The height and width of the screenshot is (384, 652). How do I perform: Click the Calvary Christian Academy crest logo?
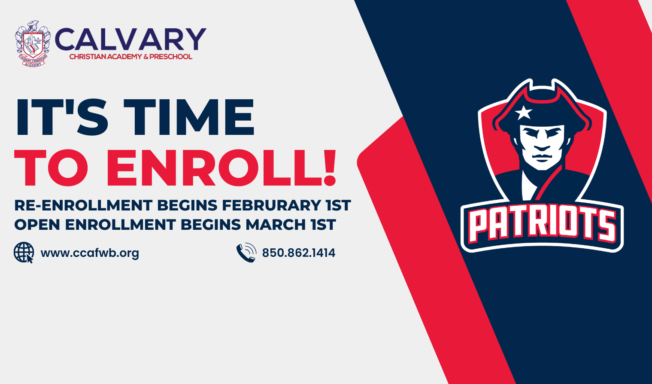tap(33, 44)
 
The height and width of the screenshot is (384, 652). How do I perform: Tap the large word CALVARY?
tap(130, 40)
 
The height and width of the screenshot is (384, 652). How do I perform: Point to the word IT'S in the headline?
tap(62, 117)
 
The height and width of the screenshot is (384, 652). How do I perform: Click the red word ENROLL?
tap(221, 168)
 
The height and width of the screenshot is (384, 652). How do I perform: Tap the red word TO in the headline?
tap(51, 168)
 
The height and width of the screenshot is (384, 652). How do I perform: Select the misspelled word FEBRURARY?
tap(271, 205)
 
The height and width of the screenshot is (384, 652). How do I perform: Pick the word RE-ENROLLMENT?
tap(84, 205)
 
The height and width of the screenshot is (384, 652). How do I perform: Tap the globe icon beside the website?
tap(24, 253)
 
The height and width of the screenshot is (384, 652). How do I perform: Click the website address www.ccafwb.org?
tap(90, 253)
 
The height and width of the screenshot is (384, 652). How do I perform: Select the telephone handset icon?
tap(246, 253)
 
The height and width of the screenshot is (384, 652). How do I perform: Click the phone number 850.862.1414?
tap(299, 253)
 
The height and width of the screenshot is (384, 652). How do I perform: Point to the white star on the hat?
tap(523, 113)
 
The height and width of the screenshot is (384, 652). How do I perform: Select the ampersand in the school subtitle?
tap(146, 57)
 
